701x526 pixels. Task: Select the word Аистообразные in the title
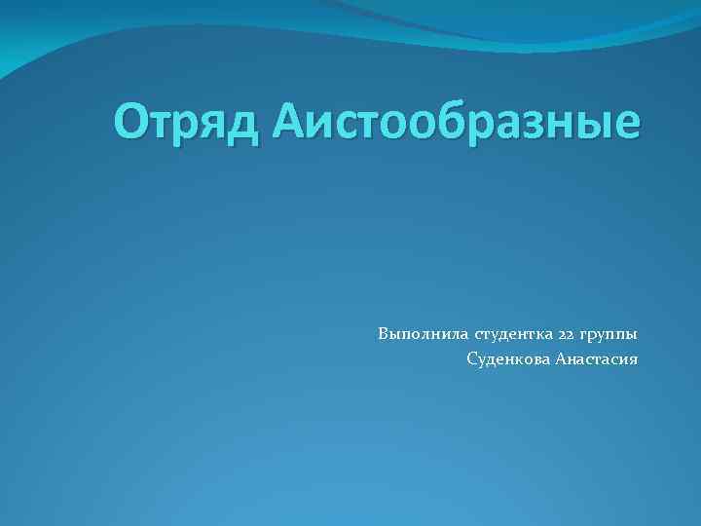point(458,124)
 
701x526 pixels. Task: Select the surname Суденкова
point(508,360)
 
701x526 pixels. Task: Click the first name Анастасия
point(597,360)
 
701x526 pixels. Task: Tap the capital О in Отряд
point(130,123)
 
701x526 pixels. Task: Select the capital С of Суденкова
point(472,360)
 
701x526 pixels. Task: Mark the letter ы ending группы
point(631,336)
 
